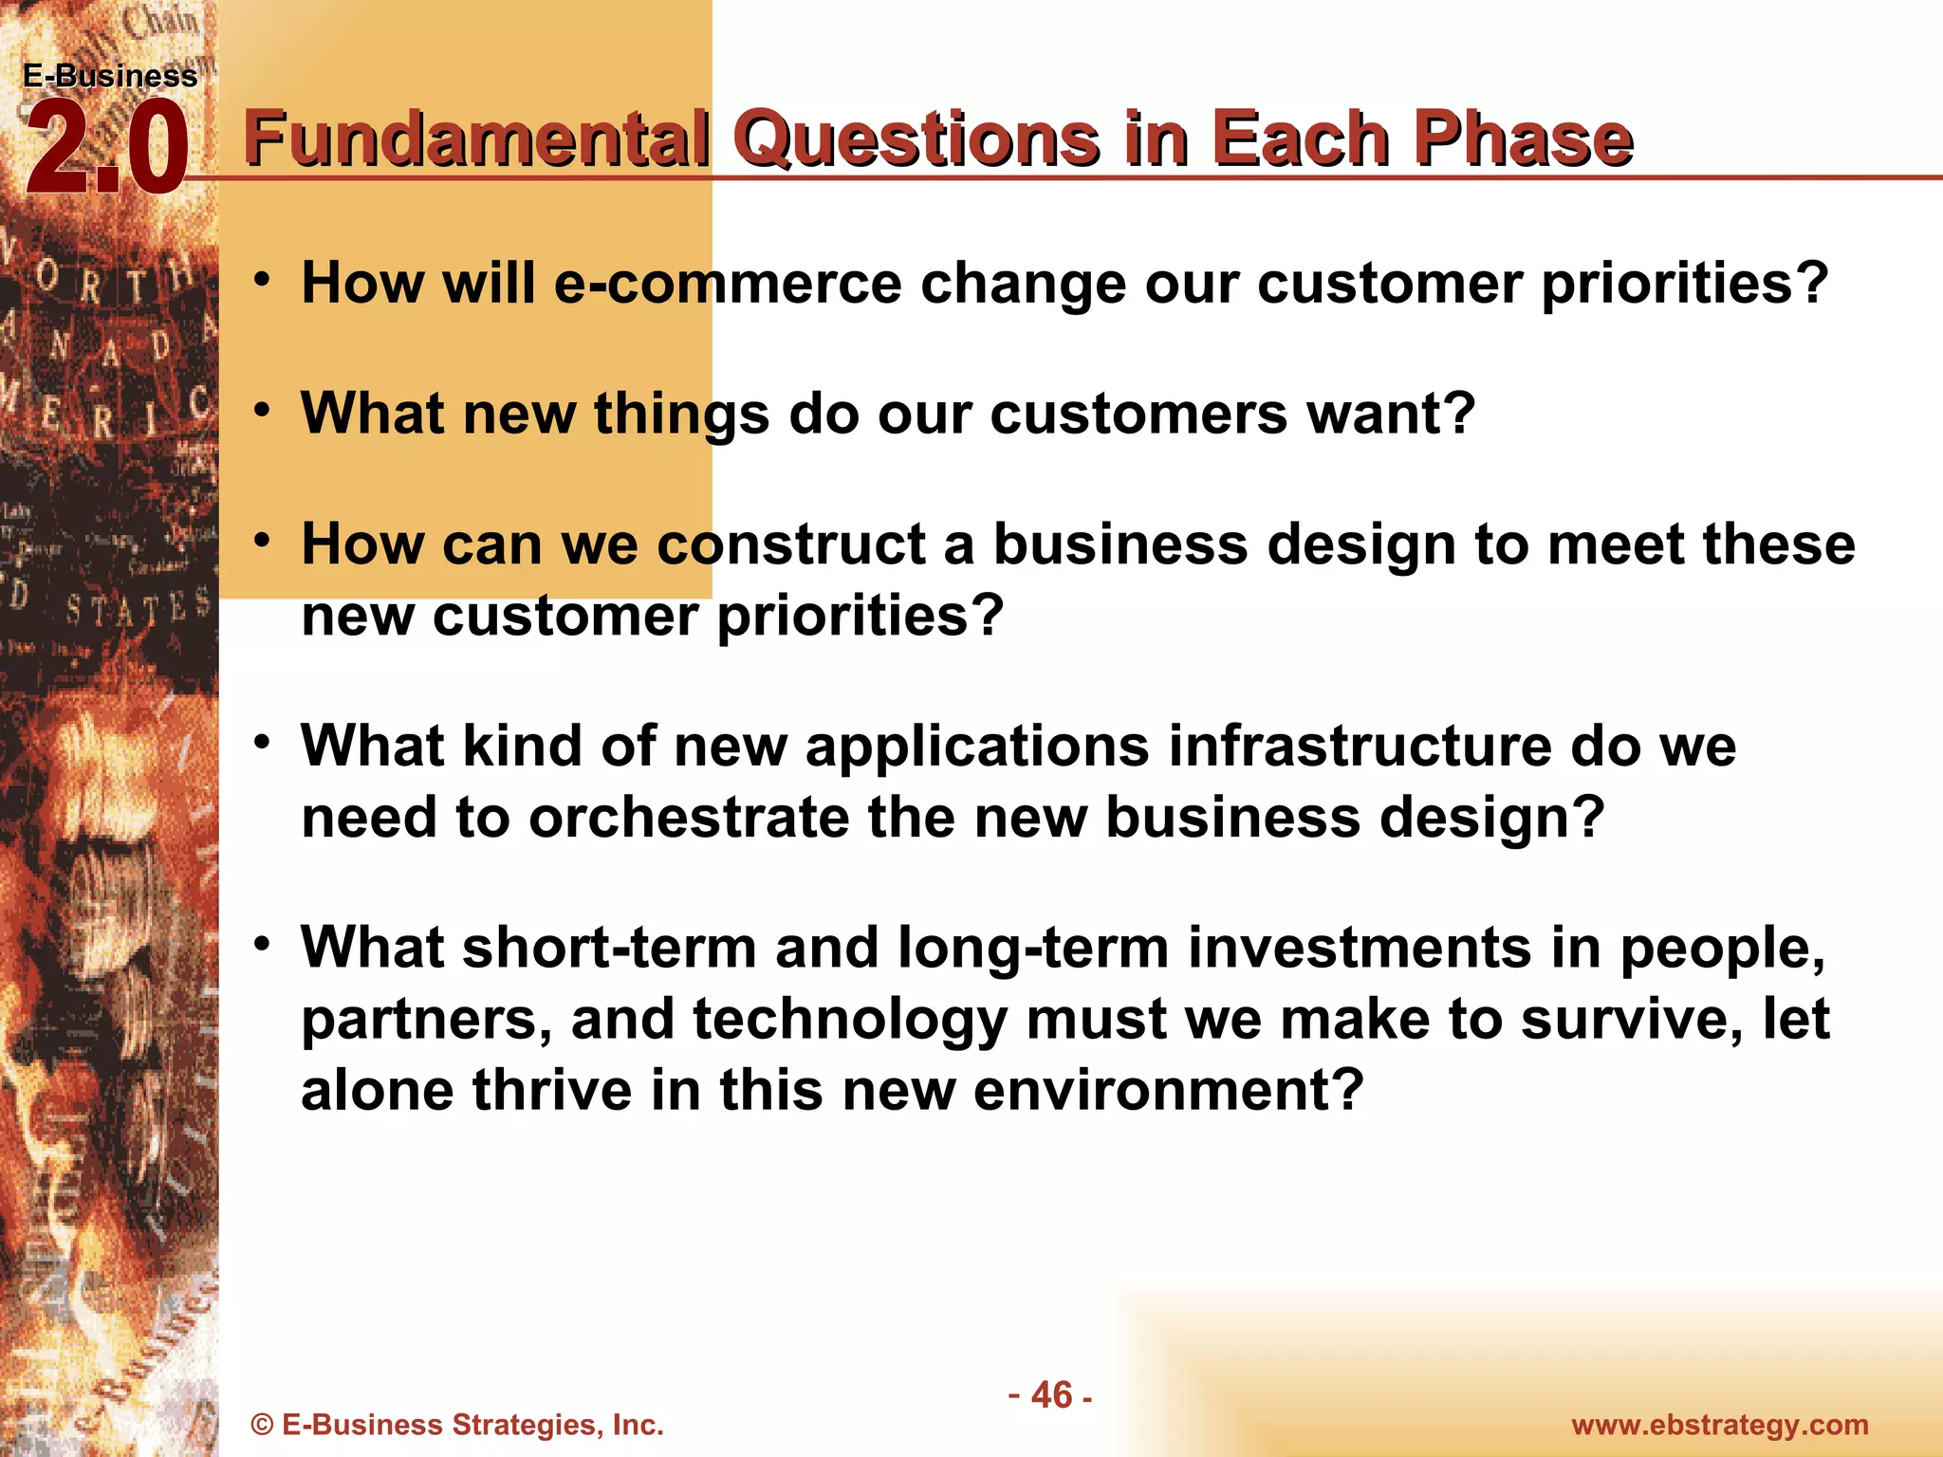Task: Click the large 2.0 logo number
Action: pyautogui.click(x=106, y=150)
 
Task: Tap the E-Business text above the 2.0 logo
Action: pyautogui.click(x=110, y=76)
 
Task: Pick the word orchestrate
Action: pyautogui.click(x=689, y=817)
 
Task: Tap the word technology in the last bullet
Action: pyautogui.click(x=850, y=1019)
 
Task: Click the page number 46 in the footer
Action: pyautogui.click(x=1050, y=1395)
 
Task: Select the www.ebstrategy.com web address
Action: pyautogui.click(x=1720, y=1425)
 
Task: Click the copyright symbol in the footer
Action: pyautogui.click(x=262, y=1426)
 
